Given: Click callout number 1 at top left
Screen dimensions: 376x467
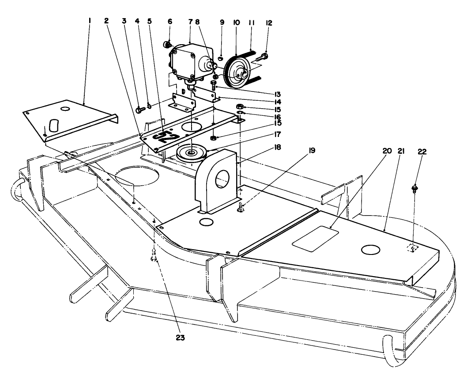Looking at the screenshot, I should [89, 20].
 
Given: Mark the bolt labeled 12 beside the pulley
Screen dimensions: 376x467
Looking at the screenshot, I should [264, 57].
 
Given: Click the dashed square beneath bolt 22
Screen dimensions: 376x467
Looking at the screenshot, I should [412, 248].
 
